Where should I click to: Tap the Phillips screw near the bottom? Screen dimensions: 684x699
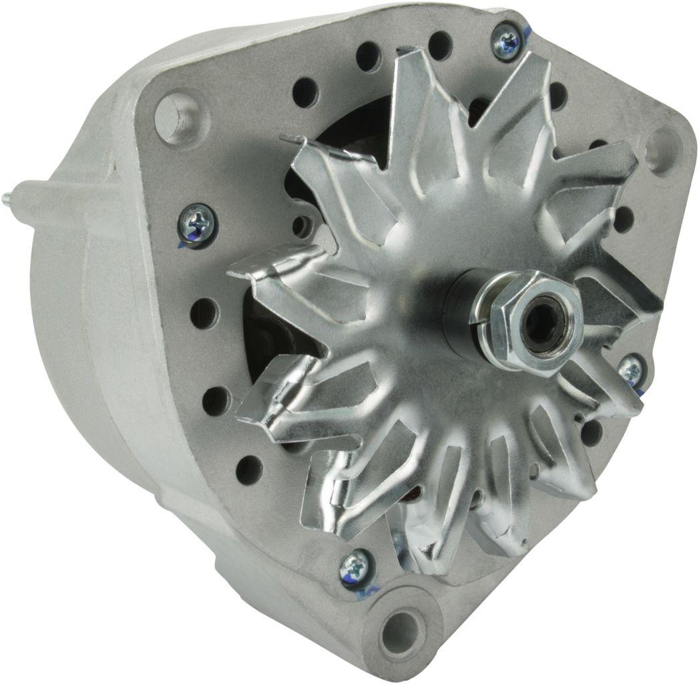(x=354, y=567)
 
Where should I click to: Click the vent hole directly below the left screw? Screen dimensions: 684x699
(x=204, y=312)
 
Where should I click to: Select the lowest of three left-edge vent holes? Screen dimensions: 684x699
(x=249, y=469)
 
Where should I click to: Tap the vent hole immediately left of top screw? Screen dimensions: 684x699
(x=441, y=45)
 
